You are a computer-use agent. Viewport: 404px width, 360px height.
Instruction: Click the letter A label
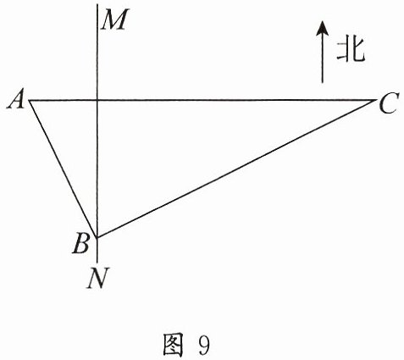coord(16,101)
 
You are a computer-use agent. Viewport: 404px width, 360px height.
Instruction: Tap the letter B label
coord(81,244)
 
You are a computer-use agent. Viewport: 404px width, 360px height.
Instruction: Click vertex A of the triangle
coord(30,100)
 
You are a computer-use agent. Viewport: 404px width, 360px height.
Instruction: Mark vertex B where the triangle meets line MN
coord(97,237)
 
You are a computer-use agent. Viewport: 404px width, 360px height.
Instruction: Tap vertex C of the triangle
coord(376,100)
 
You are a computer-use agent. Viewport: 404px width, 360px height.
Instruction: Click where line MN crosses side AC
coord(97,100)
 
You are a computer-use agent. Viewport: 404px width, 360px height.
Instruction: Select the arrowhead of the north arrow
coord(322,29)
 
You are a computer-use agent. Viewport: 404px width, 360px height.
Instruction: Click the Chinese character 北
coord(351,50)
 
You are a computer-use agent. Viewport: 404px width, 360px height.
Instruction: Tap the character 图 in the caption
coord(173,344)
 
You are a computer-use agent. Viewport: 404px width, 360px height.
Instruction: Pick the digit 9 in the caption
coord(204,345)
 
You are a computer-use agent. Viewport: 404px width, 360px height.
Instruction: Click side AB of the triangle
coord(64,169)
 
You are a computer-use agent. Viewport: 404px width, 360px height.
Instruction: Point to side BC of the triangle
coord(236,169)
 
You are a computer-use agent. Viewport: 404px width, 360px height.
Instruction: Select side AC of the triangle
coord(202,100)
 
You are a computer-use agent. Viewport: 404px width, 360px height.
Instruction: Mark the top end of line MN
coord(97,4)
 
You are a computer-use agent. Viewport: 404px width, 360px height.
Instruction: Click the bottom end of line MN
coord(97,262)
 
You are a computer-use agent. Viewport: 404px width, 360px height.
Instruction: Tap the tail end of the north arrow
coord(322,82)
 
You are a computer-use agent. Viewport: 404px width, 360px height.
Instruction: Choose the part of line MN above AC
coord(97,52)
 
